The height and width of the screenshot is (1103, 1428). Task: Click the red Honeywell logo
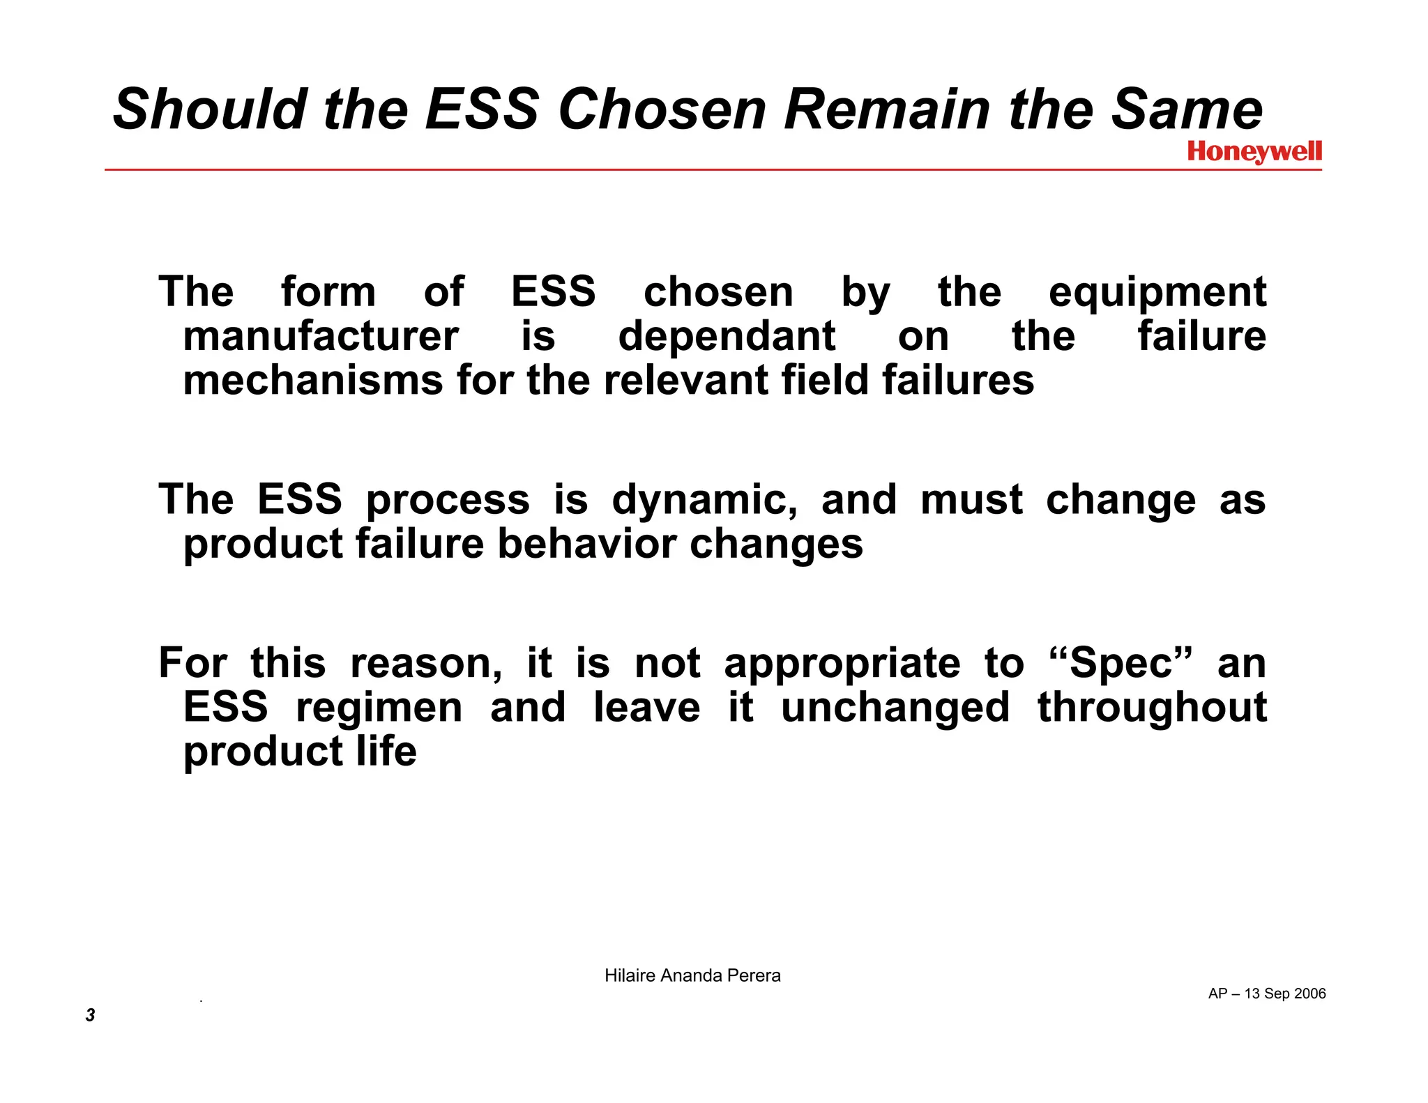pyautogui.click(x=1254, y=151)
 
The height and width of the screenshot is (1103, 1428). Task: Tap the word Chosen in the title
pyautogui.click(x=662, y=109)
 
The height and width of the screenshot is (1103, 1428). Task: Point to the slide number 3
pyautogui.click(x=90, y=1014)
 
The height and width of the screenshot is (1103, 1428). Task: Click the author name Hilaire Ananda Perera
pyautogui.click(x=692, y=975)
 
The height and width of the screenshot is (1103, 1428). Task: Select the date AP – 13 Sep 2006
pyautogui.click(x=1267, y=994)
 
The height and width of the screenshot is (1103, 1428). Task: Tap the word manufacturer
pyautogui.click(x=321, y=337)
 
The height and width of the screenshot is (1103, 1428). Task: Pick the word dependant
pyautogui.click(x=727, y=337)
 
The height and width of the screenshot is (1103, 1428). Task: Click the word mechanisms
pyautogui.click(x=313, y=381)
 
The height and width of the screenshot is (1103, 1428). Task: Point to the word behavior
pyautogui.click(x=586, y=544)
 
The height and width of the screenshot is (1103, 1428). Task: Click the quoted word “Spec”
pyautogui.click(x=1121, y=663)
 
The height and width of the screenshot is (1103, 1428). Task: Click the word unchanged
pyautogui.click(x=895, y=708)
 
